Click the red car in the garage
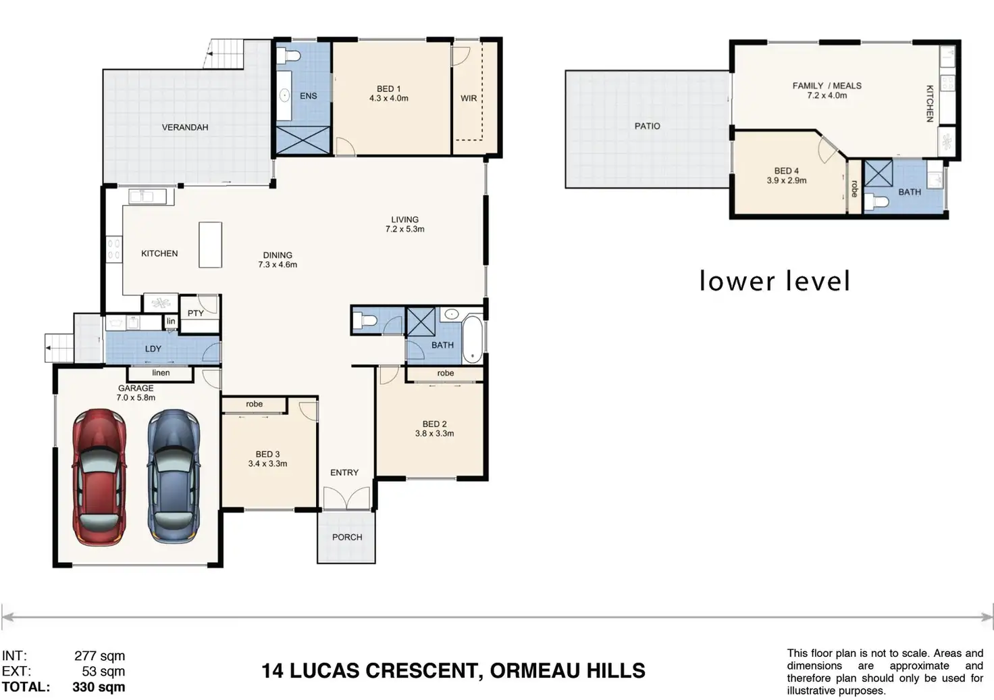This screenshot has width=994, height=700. tap(99, 478)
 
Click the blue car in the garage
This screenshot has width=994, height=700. tap(174, 477)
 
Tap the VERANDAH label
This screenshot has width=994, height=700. tap(185, 128)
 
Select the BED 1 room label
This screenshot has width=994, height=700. tap(389, 89)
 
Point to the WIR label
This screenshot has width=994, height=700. tap(469, 98)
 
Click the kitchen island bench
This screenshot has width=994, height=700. tap(210, 245)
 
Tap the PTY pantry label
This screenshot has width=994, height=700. tap(196, 314)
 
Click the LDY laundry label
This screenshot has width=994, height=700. tap(153, 349)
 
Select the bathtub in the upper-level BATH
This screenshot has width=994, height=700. tap(473, 339)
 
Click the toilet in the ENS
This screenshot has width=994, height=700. tap(288, 56)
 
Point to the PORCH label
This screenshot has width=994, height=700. tap(347, 537)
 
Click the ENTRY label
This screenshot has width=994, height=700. tap(344, 473)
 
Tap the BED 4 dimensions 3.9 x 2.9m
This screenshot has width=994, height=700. tap(787, 180)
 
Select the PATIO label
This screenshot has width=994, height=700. tap(648, 126)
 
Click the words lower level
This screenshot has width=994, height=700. tap(775, 281)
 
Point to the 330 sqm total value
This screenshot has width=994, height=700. tap(99, 687)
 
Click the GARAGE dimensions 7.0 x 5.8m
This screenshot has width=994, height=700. tap(136, 398)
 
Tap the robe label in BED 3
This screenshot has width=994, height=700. tap(255, 404)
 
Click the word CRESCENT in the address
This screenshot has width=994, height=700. tap(424, 671)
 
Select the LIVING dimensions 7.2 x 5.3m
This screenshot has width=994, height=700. tap(404, 229)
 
